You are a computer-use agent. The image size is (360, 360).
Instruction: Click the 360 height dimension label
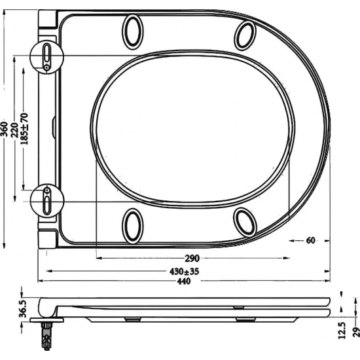click(5, 128)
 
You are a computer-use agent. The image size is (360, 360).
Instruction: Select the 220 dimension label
click(14, 128)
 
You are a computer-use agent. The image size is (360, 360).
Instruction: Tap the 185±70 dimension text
click(24, 128)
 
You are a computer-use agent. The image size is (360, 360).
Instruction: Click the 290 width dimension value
click(191, 258)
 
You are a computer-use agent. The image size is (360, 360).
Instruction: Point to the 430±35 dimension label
click(185, 270)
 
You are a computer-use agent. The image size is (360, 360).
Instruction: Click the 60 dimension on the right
click(310, 240)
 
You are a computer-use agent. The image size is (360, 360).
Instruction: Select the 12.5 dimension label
click(341, 327)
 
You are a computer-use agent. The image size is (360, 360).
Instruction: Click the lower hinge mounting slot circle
click(47, 200)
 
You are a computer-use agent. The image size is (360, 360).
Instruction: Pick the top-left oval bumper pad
click(132, 31)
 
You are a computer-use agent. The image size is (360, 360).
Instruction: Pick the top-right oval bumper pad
click(245, 35)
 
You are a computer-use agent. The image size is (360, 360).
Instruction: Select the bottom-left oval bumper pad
click(132, 225)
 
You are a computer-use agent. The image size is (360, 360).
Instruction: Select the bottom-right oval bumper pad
click(245, 223)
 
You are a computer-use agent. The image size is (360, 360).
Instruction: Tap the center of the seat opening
click(193, 128)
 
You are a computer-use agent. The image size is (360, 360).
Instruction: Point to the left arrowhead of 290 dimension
click(99, 258)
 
